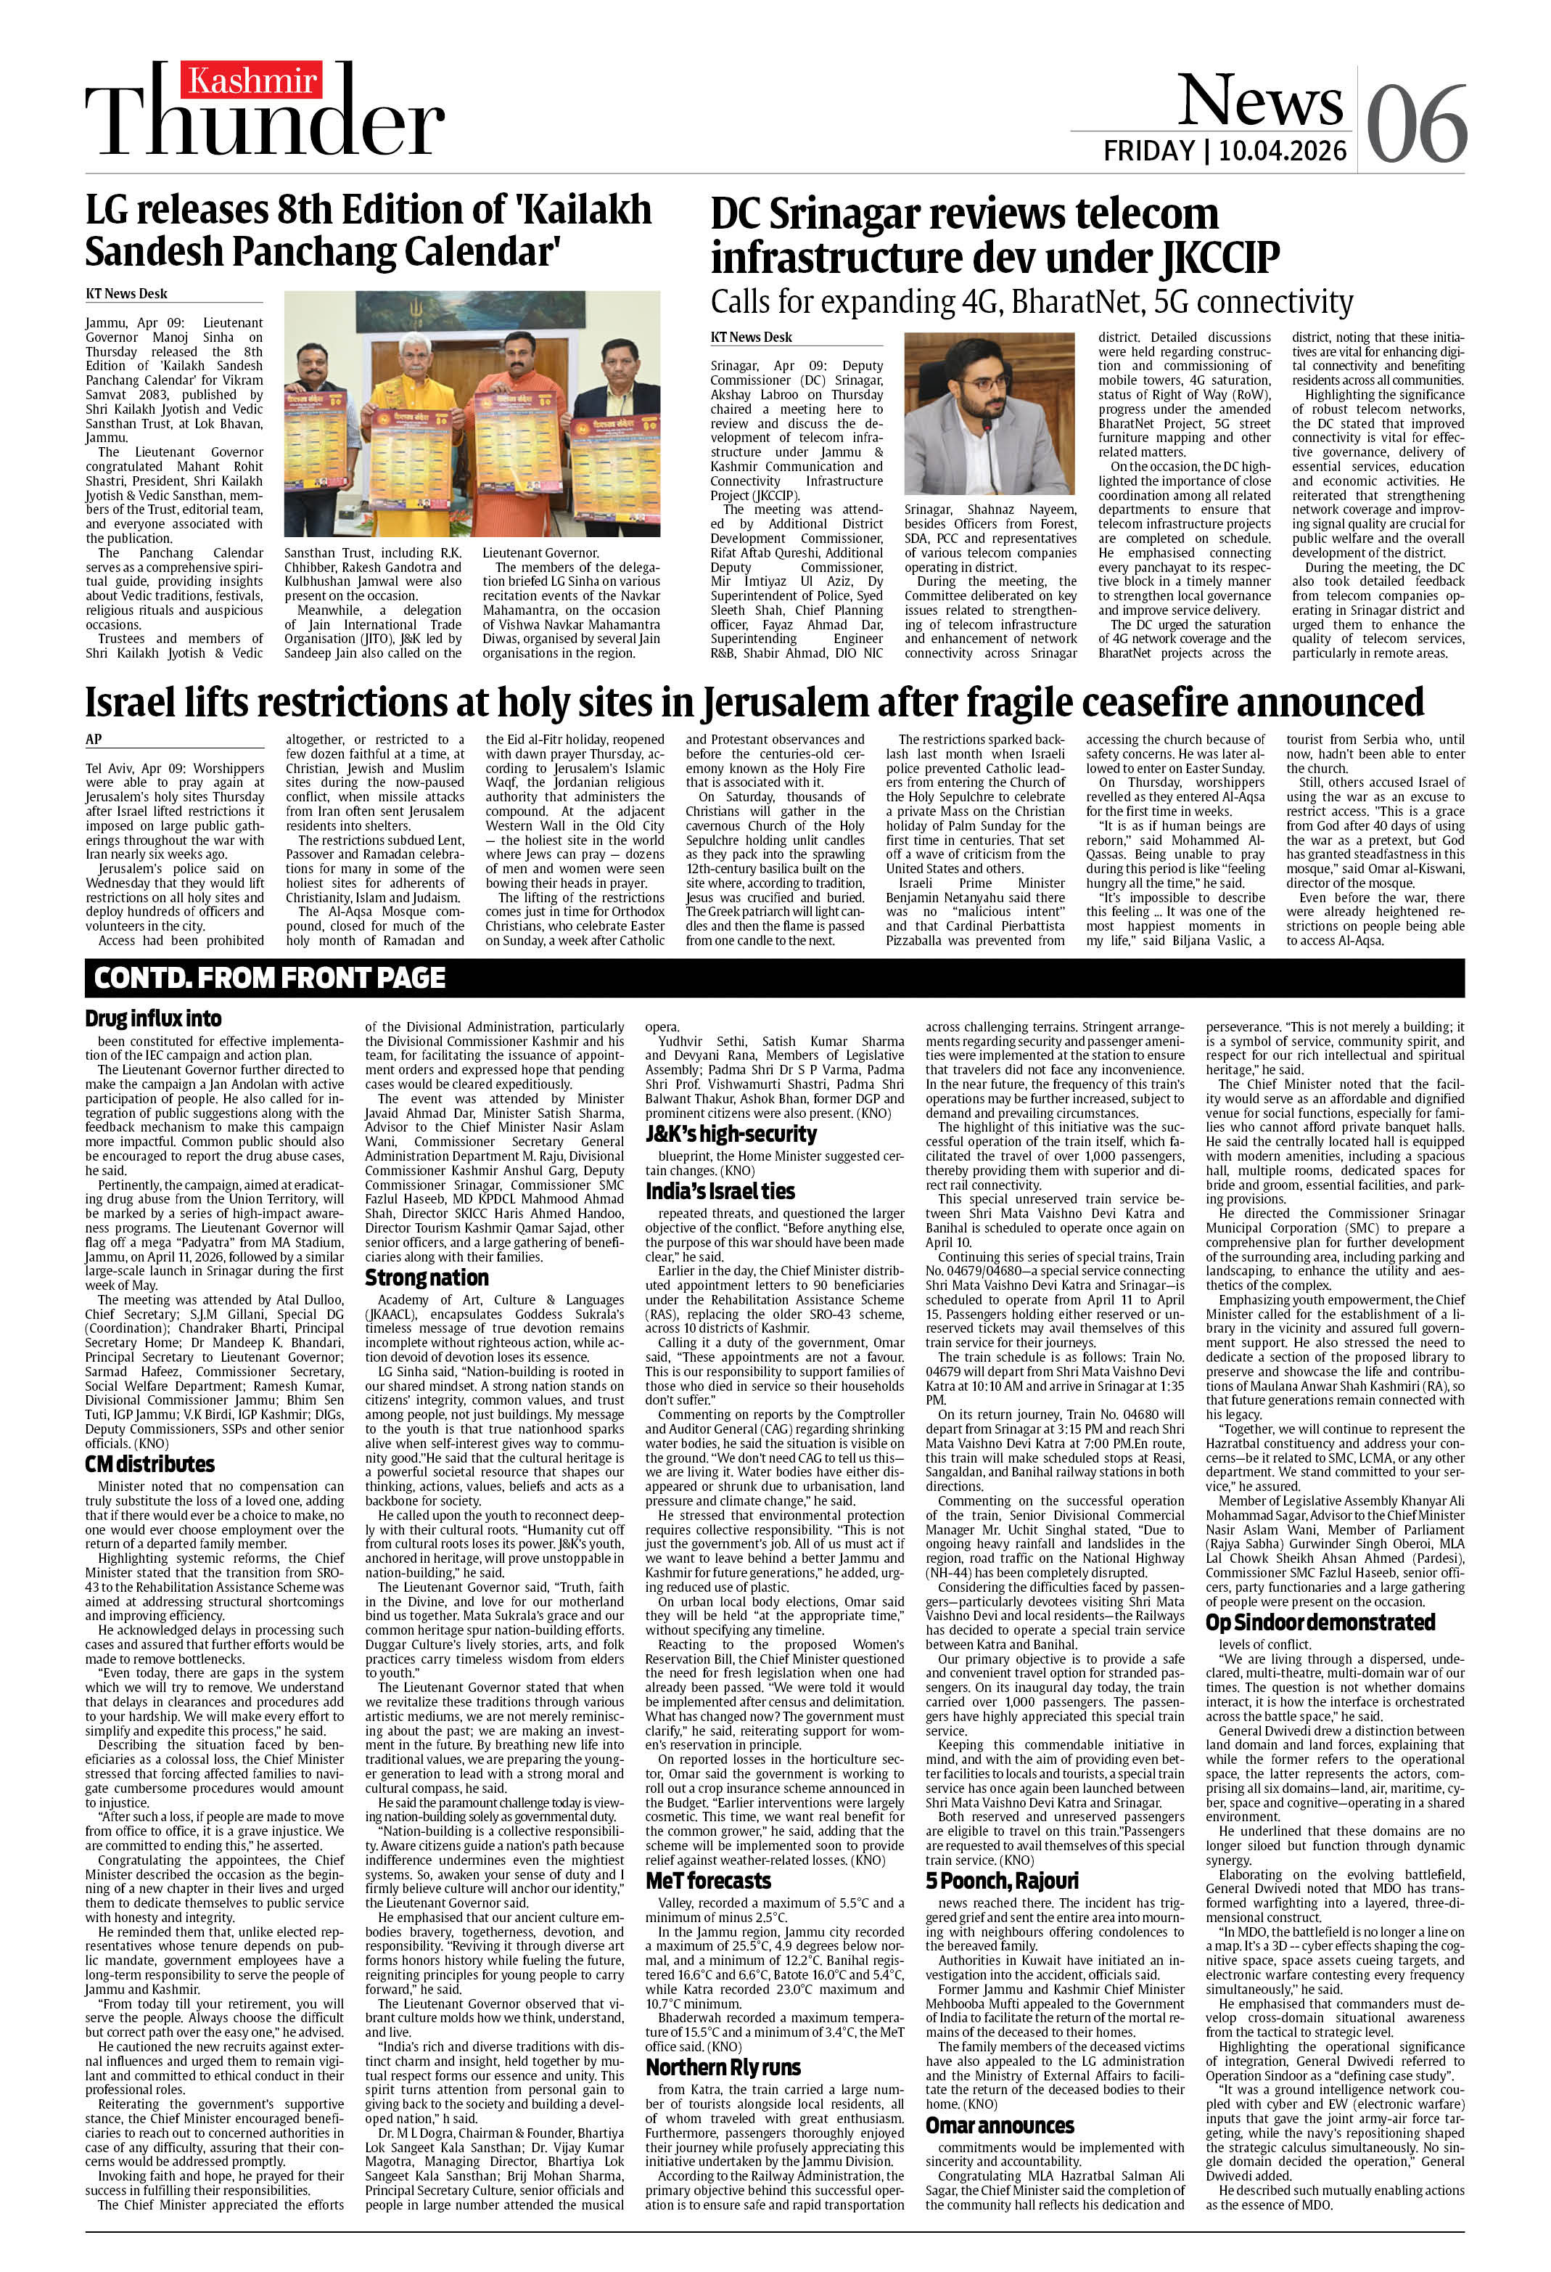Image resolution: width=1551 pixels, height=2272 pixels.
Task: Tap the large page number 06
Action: [x=1416, y=125]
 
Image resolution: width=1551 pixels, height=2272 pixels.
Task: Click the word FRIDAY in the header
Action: [x=1149, y=152]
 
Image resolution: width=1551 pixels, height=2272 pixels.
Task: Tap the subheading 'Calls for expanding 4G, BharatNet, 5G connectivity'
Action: [x=1031, y=302]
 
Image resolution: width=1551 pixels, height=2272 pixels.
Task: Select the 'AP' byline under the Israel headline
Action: [x=94, y=740]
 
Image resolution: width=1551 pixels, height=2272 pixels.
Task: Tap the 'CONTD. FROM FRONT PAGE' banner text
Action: [x=270, y=978]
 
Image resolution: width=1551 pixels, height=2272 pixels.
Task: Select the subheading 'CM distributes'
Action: [x=149, y=1465]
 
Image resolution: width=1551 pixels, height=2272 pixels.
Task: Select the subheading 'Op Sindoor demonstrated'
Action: [x=1320, y=1622]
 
